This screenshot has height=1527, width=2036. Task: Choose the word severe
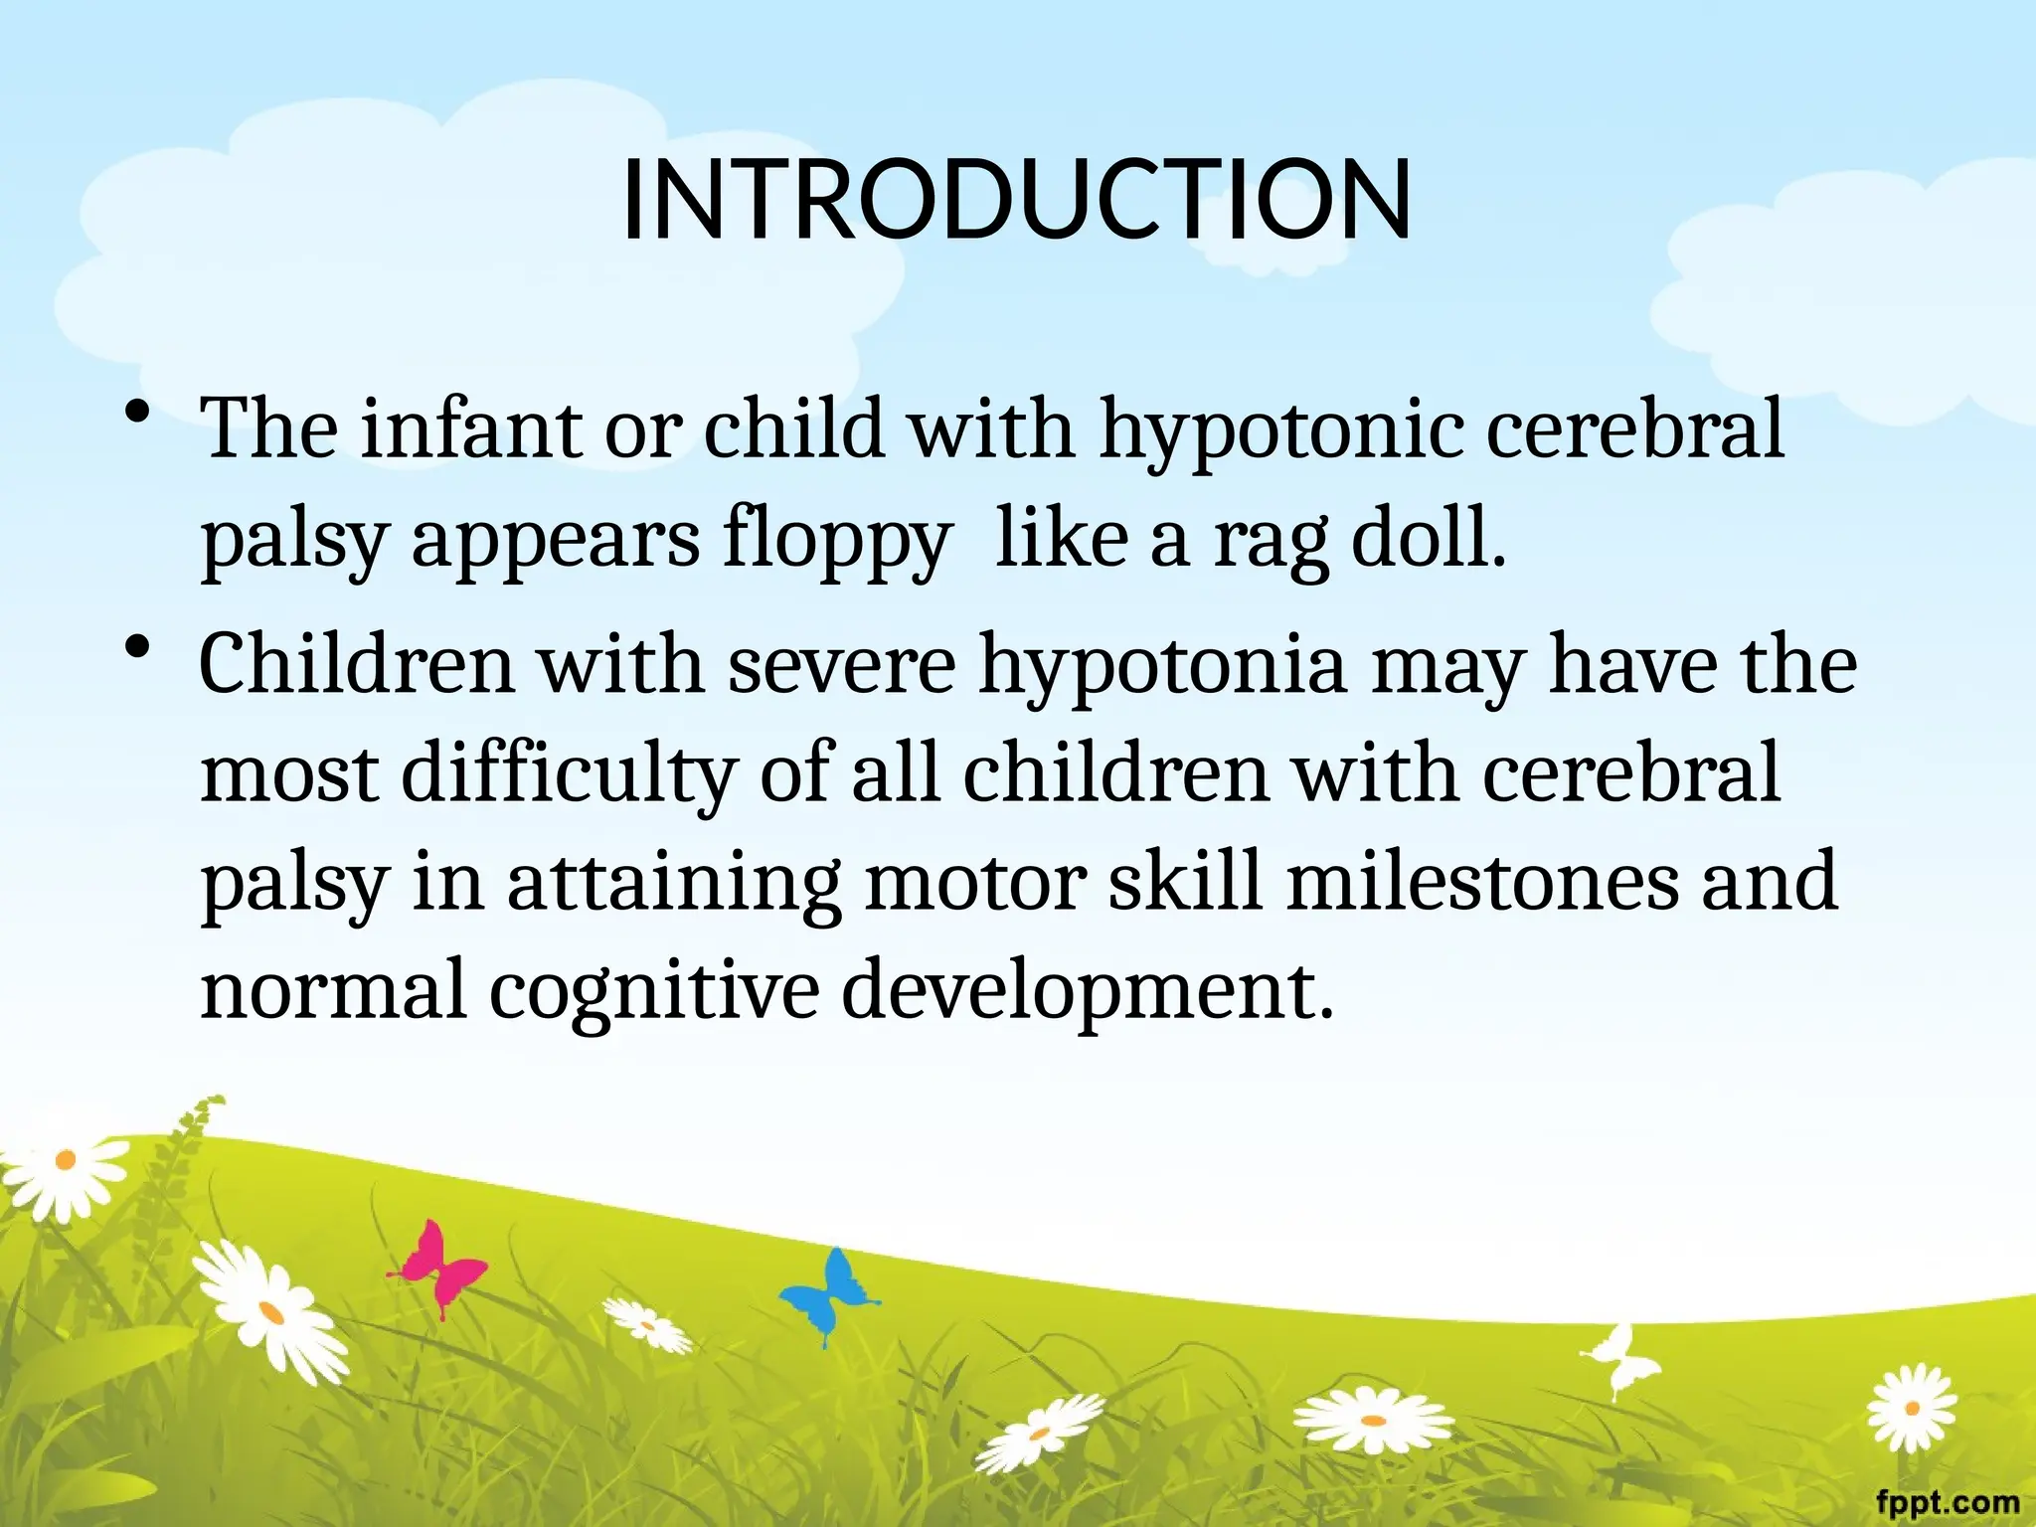coord(842,665)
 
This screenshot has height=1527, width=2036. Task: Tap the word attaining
coord(674,884)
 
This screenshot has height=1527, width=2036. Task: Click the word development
coord(1088,992)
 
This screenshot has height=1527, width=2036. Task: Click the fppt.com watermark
coord(1948,1501)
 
